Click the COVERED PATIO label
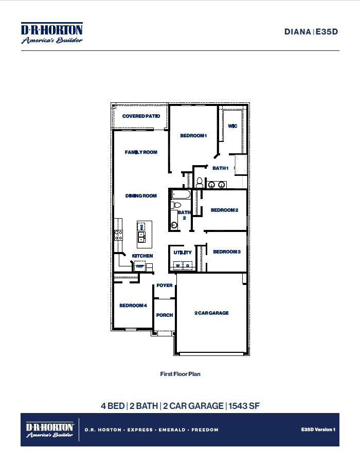141,116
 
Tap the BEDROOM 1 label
193,136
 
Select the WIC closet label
232,126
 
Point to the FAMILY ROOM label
141,152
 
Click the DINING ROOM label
141,196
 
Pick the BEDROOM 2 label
224,210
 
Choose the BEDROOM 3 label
227,252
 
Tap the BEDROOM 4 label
133,306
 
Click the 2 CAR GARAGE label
211,313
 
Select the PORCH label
165,315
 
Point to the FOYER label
165,285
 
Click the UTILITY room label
183,253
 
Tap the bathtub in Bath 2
181,195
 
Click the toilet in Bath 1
199,182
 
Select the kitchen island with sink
141,232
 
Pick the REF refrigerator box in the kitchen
139,266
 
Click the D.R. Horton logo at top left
51,33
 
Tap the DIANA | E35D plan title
312,31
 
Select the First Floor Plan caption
180,374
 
